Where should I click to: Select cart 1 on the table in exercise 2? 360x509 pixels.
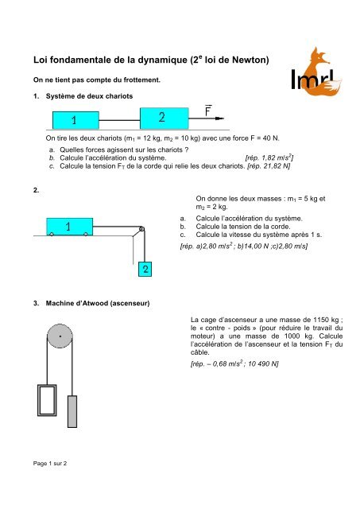[68, 227]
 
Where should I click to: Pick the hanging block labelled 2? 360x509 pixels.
[145, 270]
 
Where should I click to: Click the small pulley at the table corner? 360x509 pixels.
[141, 231]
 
